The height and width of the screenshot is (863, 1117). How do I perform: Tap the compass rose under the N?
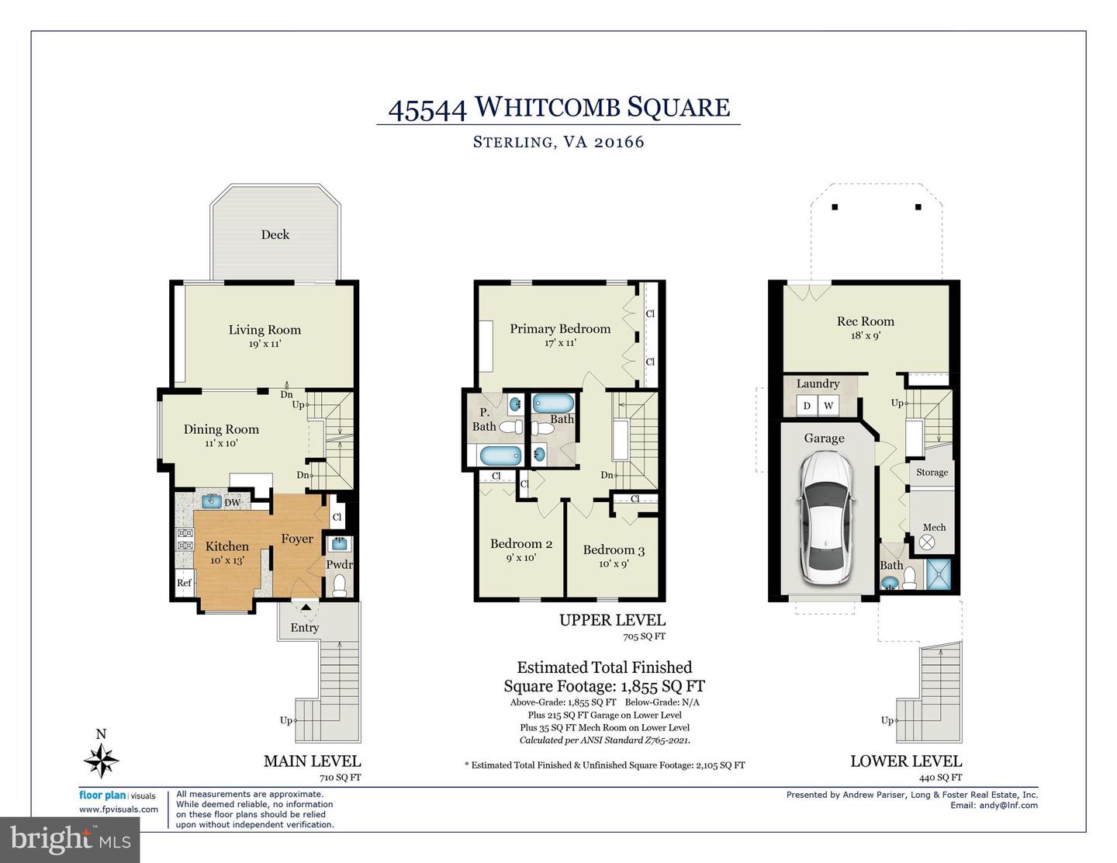point(101,760)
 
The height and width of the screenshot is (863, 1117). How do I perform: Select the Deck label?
point(275,234)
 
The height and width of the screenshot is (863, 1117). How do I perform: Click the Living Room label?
point(265,330)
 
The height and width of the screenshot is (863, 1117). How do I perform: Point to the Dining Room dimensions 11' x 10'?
point(221,443)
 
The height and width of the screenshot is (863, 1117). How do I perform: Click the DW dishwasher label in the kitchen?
point(232,503)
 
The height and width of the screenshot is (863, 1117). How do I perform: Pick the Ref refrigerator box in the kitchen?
point(184,583)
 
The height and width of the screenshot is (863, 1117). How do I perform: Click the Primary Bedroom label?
point(559,329)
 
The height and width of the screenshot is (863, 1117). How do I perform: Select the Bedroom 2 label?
point(521,543)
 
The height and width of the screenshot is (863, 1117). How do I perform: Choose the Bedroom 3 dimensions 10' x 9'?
point(613,564)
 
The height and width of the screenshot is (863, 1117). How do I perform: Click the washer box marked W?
point(828,406)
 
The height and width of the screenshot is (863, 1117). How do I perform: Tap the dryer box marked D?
point(807,406)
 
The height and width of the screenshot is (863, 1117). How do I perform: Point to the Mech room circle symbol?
point(926,543)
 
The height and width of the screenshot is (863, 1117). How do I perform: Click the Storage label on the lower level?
point(932,472)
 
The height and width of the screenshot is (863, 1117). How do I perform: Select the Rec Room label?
point(865,321)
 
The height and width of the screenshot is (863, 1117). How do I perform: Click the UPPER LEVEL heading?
point(612,620)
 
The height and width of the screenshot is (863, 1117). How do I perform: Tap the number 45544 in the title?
point(427,108)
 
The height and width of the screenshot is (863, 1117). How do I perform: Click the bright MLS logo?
point(71,839)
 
